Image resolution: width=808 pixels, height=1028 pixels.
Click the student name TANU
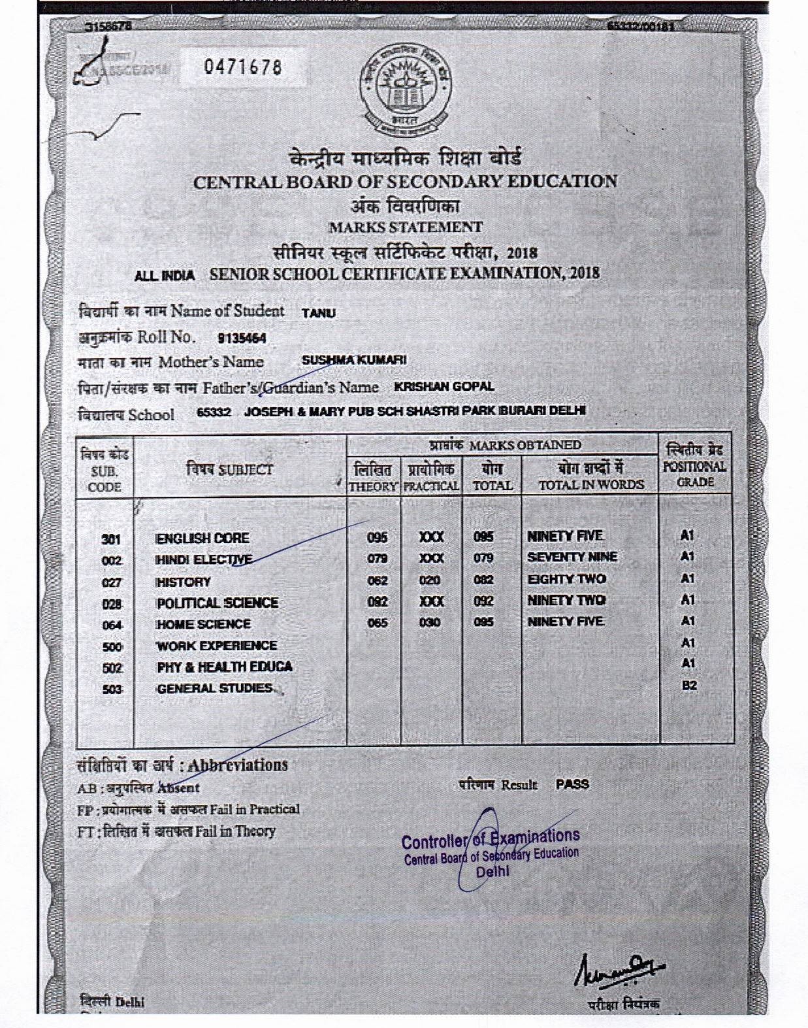[x=319, y=313]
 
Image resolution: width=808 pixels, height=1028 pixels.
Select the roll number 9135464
[x=242, y=338]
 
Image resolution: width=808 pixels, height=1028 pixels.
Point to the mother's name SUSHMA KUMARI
[x=354, y=360]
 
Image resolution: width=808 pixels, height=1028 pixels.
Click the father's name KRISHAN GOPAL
[x=444, y=386]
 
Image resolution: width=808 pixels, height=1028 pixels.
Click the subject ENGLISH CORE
[x=202, y=539]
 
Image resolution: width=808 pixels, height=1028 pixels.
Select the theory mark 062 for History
[x=378, y=580]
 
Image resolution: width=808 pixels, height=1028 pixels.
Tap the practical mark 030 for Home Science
[x=430, y=623]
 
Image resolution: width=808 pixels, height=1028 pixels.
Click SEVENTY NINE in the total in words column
[x=572, y=557]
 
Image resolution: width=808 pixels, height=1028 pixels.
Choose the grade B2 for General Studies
[x=687, y=686]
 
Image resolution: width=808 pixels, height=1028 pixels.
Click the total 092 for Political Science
[x=484, y=601]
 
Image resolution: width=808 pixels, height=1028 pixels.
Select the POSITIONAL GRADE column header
[x=694, y=467]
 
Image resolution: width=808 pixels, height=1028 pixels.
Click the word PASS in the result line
[x=572, y=784]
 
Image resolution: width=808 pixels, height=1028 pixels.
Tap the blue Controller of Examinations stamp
[x=491, y=850]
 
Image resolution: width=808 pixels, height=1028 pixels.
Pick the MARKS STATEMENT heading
[x=405, y=227]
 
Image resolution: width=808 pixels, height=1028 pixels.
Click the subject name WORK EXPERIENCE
[x=217, y=646]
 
